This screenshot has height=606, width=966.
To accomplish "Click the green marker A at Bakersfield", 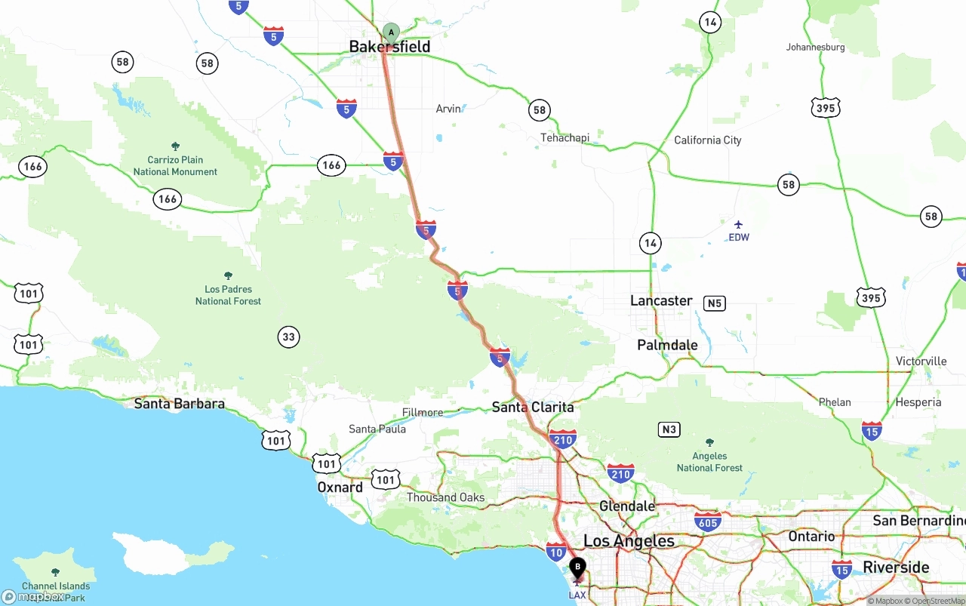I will coord(391,32).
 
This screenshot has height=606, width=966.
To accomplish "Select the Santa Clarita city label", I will coord(533,407).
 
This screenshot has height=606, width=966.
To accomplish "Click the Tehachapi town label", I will coord(565,137).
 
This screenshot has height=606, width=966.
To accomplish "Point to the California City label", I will coord(707,140).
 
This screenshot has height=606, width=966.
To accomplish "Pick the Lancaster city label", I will coord(661,300).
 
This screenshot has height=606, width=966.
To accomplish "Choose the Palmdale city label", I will coord(667,345).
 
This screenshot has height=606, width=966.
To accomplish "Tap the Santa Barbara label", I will coord(179,404).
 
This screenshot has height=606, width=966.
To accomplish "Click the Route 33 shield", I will coord(288,337).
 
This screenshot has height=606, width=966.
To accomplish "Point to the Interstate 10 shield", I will coord(556,551).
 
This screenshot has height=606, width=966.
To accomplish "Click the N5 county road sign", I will coord(714,303).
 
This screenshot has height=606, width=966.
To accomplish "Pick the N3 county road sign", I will coord(669,429).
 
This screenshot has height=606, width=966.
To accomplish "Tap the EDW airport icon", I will coord(738,224).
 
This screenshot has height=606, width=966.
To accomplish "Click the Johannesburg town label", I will coord(815,47).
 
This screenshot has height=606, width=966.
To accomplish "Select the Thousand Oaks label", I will coord(445,497).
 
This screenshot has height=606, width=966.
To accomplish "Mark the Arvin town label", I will coord(448,109).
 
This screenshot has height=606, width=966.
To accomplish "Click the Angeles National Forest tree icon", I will coord(709,442).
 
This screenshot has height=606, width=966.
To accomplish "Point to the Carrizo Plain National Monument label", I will coord(175,165).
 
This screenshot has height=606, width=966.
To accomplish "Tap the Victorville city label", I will coord(921,361).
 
